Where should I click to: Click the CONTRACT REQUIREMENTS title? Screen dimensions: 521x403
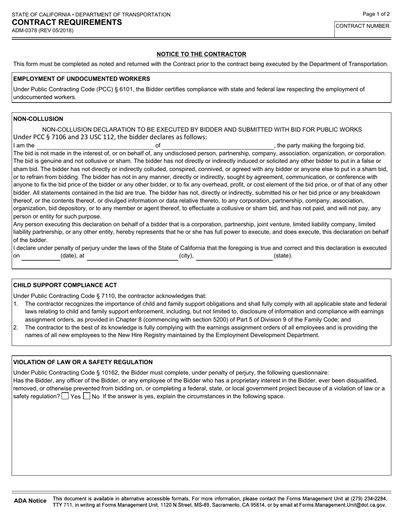coord(67,22)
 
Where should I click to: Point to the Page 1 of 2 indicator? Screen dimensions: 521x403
coord(376,14)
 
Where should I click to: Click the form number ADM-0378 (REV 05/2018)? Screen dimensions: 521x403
coord(42,30)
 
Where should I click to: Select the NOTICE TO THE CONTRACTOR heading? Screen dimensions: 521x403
coord(201,54)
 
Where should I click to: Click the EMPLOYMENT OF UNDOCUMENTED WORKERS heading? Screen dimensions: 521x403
coord(81,79)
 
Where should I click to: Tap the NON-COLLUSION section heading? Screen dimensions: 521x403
coord(38,119)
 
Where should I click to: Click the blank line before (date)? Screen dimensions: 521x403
coord(41,256)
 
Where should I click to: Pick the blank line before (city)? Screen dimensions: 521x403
coord(132,256)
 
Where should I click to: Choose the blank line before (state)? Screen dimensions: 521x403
coord(234,256)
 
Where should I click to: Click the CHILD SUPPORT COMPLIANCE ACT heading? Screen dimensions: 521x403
coord(65,285)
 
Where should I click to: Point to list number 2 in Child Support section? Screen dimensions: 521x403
coord(16,327)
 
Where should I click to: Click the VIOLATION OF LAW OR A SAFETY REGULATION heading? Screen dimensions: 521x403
coord(83,362)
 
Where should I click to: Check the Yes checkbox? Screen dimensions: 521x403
coord(65,396)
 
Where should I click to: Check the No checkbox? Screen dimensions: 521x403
coord(87,396)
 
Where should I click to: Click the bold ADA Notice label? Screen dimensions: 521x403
coord(30,501)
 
